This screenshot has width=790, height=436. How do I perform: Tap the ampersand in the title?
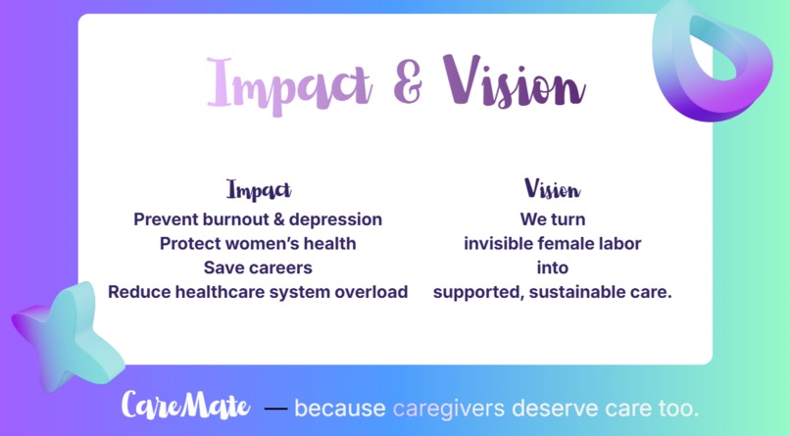tap(408, 82)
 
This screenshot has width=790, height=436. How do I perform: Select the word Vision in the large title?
tap(514, 80)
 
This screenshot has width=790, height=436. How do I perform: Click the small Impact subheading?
tap(259, 189)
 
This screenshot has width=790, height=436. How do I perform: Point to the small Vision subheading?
tap(552, 189)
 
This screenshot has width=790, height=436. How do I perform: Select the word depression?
tap(334, 218)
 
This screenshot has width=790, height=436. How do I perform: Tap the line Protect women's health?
tap(258, 243)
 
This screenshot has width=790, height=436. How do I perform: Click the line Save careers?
tap(258, 267)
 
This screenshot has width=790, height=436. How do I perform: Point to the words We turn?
tap(552, 218)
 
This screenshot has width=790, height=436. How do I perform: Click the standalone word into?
tap(552, 267)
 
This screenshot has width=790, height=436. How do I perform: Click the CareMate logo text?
tap(186, 406)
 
